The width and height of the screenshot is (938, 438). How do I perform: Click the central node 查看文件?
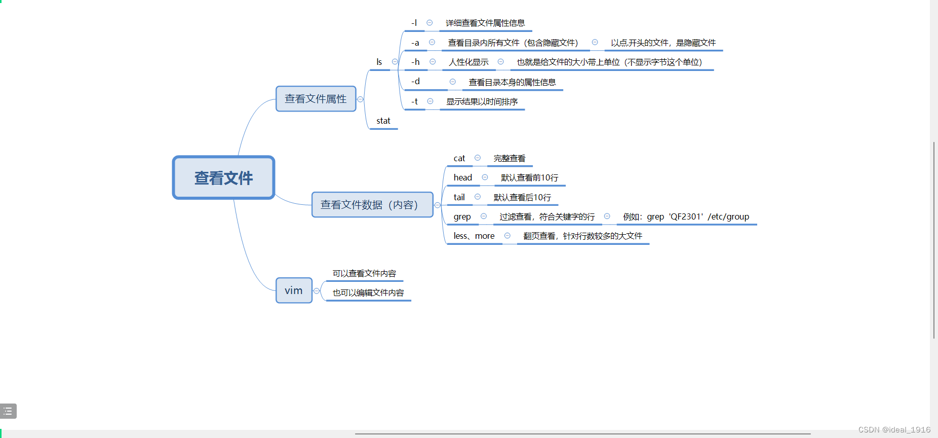pos(223,178)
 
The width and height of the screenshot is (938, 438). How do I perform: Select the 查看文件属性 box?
pos(316,99)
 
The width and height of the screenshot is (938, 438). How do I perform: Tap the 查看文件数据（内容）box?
pos(372,205)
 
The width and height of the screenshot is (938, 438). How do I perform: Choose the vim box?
pos(294,290)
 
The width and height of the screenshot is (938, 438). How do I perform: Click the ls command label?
pos(379,62)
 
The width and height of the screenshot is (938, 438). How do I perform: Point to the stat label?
pos(383,121)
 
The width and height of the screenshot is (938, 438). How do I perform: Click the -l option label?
pos(414,23)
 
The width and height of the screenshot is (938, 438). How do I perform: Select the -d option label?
pos(415,82)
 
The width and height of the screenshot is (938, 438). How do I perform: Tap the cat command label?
pos(459,158)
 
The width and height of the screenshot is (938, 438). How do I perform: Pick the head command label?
pos(463,177)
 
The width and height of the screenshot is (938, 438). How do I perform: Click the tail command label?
pos(459,197)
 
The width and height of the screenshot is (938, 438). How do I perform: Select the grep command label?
pos(462,216)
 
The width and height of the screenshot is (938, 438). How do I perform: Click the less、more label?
pos(474,236)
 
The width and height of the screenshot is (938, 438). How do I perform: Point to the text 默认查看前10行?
pos(529,177)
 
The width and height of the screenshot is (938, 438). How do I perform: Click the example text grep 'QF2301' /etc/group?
pos(686,216)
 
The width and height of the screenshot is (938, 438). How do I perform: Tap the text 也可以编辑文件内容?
pos(368,293)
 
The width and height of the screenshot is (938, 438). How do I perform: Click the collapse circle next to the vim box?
pos(317,291)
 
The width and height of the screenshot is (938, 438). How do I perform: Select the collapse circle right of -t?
pos(430,101)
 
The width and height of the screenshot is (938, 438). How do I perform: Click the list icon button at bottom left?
pos(8,411)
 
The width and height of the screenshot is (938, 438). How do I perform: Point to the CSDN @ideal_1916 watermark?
pos(894,430)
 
